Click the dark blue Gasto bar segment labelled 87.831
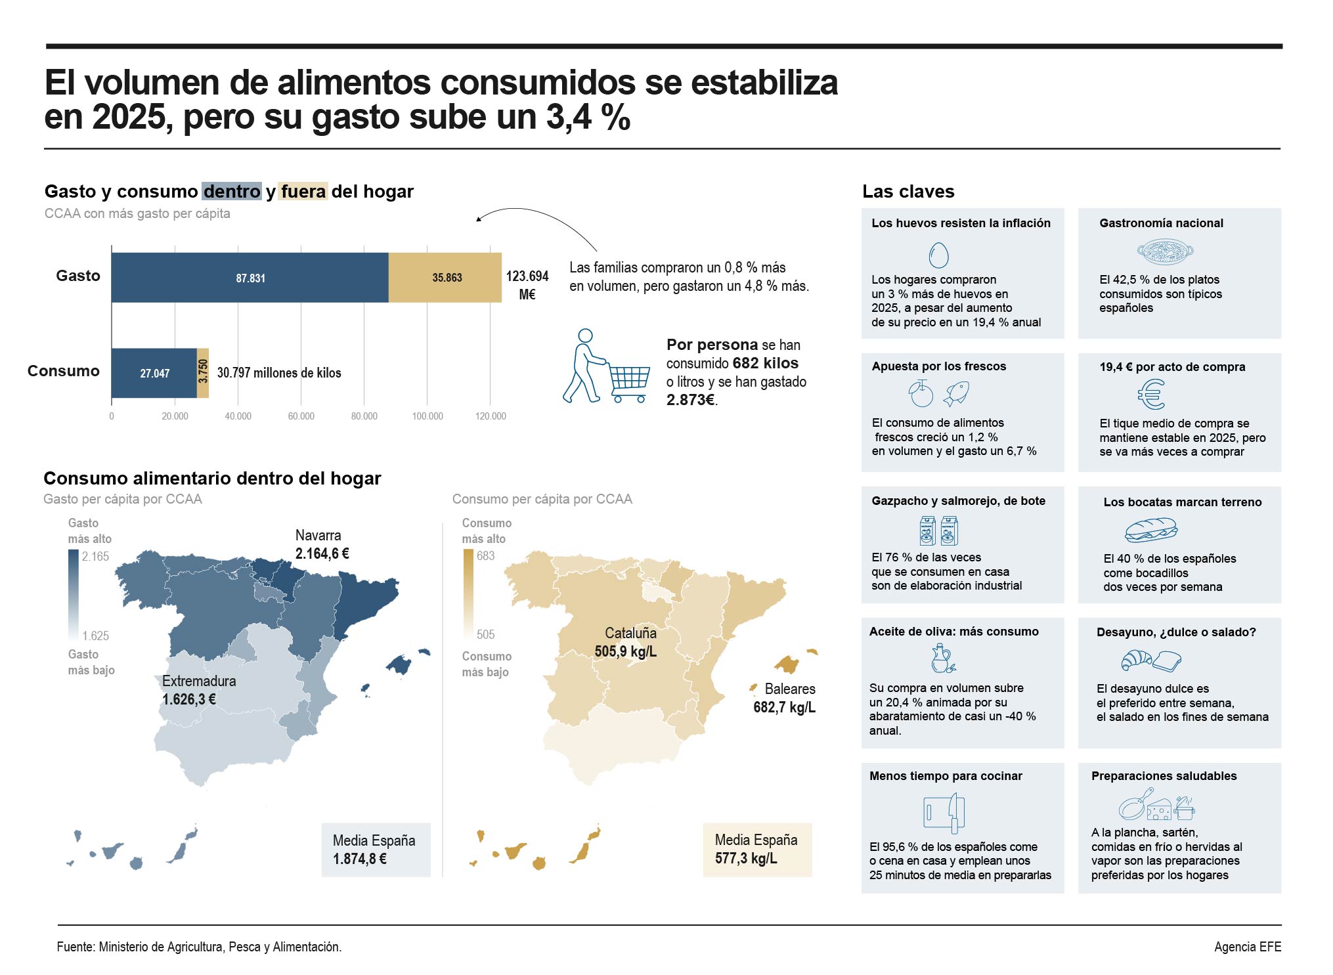(x=250, y=278)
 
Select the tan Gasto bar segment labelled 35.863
(x=445, y=278)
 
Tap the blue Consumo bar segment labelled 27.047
(x=154, y=373)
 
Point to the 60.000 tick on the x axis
(x=301, y=416)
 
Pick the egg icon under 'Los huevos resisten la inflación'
(x=939, y=255)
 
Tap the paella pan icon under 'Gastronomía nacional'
(x=1165, y=251)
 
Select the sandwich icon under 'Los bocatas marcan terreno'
(x=1150, y=530)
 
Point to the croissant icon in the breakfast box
(x=1136, y=661)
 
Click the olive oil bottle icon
(x=942, y=659)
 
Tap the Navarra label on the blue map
(x=318, y=535)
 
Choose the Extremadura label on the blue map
(x=199, y=681)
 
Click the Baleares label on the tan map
(x=790, y=689)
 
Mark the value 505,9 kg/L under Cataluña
(x=626, y=651)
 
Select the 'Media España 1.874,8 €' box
(x=376, y=850)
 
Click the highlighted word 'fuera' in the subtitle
(x=303, y=191)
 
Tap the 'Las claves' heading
(x=908, y=191)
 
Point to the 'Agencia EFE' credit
(x=1248, y=947)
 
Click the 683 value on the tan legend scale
(x=486, y=556)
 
